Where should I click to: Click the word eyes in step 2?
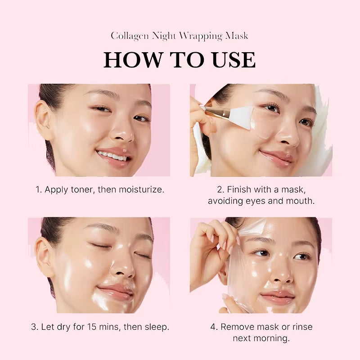point(256,201)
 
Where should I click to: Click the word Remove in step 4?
point(237,327)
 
